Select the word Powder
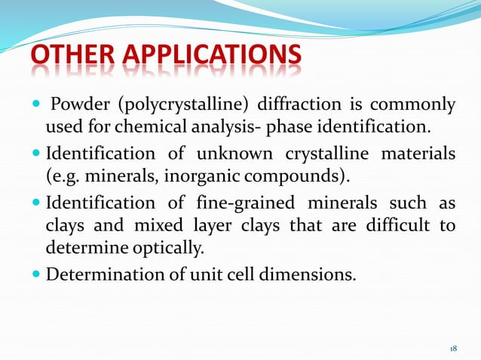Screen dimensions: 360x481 (79, 103)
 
